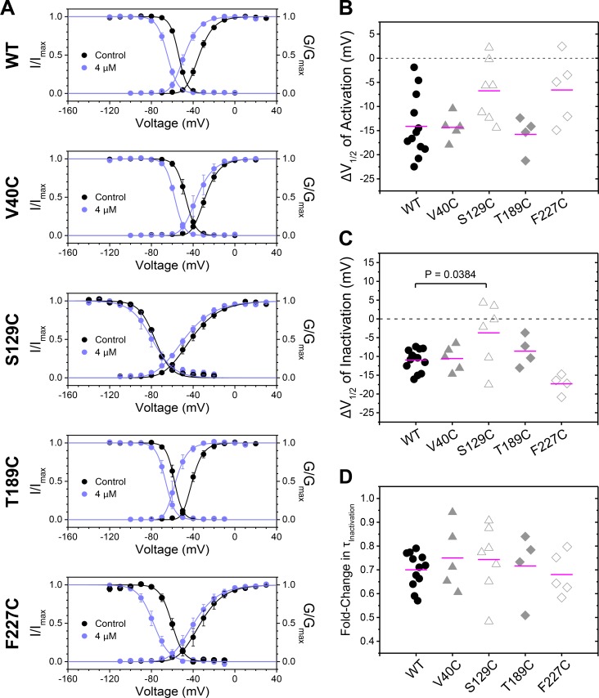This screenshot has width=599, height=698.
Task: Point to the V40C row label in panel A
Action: point(13,197)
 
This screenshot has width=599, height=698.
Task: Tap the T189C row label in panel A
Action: point(13,481)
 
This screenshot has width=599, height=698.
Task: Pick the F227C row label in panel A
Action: point(13,623)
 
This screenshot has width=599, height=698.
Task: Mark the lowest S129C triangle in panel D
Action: point(489,620)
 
